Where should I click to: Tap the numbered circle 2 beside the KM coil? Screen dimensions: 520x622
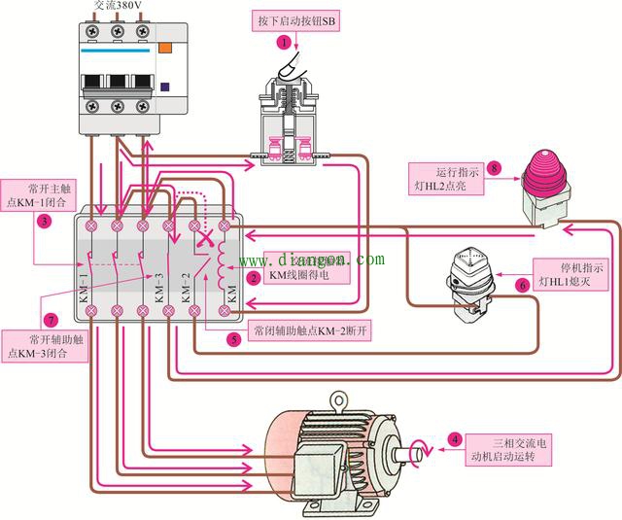coord(254,278)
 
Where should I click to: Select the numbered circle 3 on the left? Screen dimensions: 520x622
coord(45,221)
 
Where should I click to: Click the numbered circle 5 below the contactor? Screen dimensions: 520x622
coord(233,339)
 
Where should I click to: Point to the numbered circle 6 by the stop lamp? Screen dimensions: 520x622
coord(522,286)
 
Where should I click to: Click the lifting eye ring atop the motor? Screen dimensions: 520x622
coord(337,399)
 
